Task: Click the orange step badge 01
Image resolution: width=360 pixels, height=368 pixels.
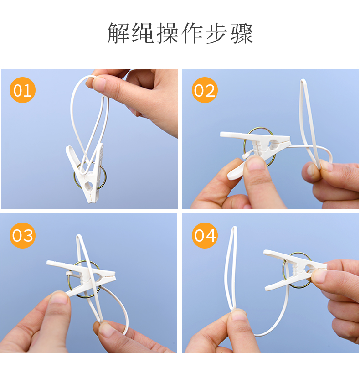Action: coord(22,90)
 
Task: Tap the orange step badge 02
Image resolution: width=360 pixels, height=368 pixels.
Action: coord(205,90)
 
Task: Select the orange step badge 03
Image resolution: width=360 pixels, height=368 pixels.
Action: coord(22,235)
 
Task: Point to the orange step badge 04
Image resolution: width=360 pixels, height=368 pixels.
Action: coord(205,235)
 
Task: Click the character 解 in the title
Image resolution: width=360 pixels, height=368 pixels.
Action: coord(118,33)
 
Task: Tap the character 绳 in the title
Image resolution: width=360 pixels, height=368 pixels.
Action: coord(143,33)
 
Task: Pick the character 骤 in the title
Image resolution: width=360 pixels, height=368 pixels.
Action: coord(242,33)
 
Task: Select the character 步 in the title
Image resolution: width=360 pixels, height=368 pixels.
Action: coord(217,33)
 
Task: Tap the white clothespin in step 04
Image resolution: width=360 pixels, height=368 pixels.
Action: coord(294,270)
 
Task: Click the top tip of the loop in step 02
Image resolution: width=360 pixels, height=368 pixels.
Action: coord(303,80)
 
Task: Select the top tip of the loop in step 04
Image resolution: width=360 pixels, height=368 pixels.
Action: coord(234,228)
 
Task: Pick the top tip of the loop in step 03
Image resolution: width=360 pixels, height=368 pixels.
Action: coord(79,235)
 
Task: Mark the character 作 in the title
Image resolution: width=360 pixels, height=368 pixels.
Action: coord(192,33)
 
